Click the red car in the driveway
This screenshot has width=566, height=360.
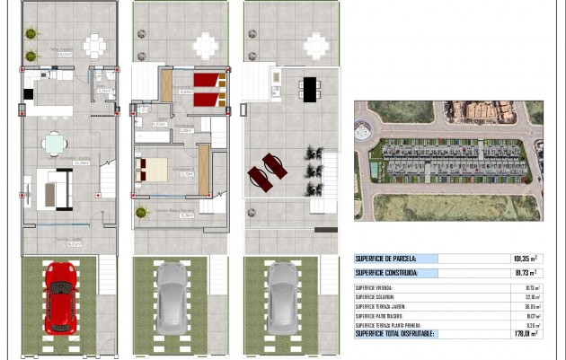pyautogui.click(x=60, y=296)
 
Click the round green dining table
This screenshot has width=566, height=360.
pyautogui.click(x=55, y=144)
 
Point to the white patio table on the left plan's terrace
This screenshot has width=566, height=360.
pyautogui.click(x=94, y=44)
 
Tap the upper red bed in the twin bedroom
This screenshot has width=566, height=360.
pyautogui.click(x=207, y=81)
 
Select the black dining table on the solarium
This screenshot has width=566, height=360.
pyautogui.click(x=309, y=88)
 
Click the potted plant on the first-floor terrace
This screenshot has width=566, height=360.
pyautogui.click(x=141, y=213)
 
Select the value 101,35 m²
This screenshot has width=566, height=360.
pyautogui.click(x=525, y=259)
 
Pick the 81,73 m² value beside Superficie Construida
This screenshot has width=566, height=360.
pyautogui.click(x=526, y=273)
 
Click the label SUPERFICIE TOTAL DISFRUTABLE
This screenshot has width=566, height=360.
pyautogui.click(x=395, y=334)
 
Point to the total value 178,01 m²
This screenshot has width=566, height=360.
pyautogui.click(x=525, y=334)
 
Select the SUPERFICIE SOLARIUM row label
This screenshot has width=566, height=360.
pyautogui.click(x=381, y=297)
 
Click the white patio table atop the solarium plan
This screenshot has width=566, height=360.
pyautogui.click(x=315, y=44)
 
